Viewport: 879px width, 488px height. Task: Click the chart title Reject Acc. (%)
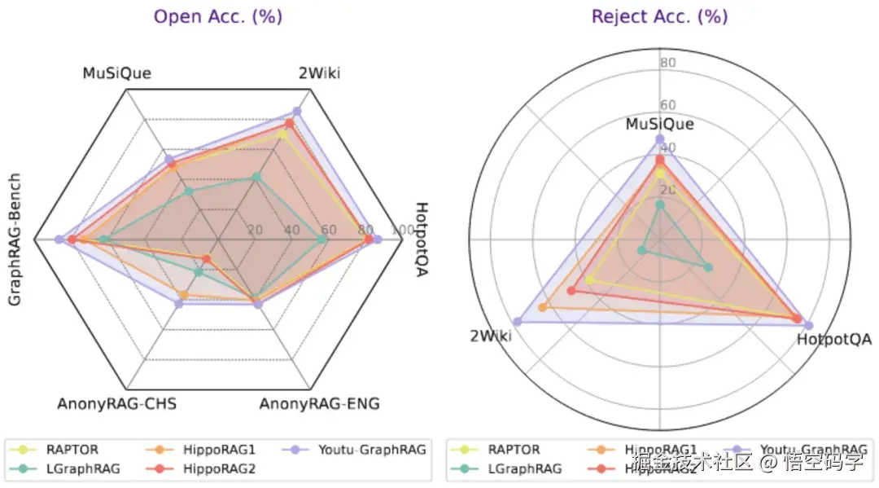[660, 16]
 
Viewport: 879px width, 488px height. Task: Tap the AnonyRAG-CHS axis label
[116, 404]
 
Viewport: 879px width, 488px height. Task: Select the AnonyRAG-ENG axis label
[319, 404]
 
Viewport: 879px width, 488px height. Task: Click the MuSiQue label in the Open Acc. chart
[116, 73]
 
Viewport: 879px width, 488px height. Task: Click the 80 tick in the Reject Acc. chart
[667, 64]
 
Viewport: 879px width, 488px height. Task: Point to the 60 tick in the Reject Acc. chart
[667, 105]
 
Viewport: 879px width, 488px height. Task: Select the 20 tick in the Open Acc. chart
[255, 230]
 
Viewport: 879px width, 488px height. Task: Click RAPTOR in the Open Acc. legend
[75, 449]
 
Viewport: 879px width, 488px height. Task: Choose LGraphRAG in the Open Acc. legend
[82, 468]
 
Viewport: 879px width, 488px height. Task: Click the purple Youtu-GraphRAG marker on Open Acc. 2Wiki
[297, 111]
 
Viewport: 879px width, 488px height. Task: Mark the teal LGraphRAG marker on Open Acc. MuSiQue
[189, 191]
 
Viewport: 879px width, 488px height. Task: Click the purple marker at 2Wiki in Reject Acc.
[516, 322]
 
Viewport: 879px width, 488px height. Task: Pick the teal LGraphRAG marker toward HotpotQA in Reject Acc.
[708, 267]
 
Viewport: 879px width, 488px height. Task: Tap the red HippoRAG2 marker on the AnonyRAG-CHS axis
[206, 260]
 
